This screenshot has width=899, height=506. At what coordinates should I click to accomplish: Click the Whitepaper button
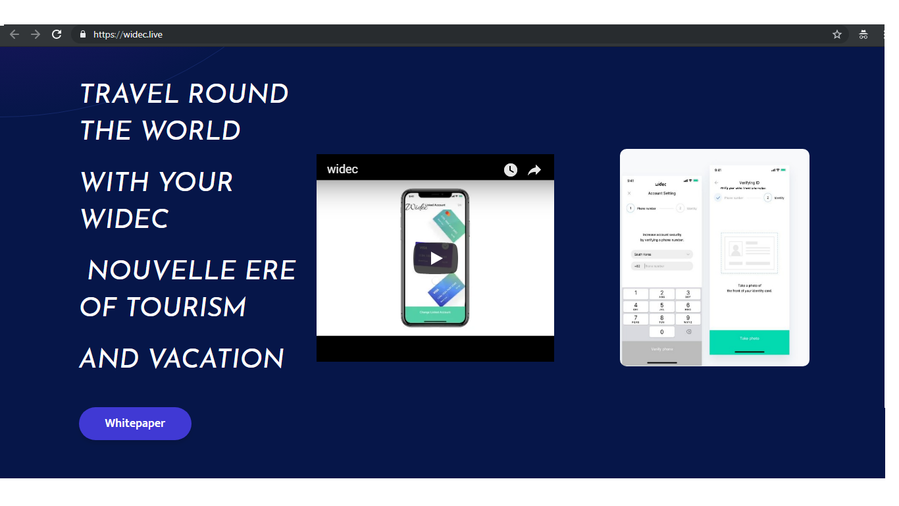(x=135, y=423)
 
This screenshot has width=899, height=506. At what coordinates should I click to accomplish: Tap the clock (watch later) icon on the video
(x=511, y=170)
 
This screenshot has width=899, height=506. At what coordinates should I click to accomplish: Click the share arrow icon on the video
(x=534, y=170)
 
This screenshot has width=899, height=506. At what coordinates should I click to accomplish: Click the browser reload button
(x=57, y=34)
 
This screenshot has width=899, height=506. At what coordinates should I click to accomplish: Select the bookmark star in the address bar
(x=837, y=34)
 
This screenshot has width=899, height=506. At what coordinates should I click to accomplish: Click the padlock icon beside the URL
(x=83, y=34)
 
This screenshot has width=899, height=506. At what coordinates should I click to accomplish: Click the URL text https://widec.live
(x=128, y=34)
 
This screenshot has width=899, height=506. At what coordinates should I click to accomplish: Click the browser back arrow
(x=14, y=34)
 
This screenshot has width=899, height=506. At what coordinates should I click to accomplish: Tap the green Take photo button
(x=749, y=339)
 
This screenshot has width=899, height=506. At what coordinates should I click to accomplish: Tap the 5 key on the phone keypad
(x=662, y=306)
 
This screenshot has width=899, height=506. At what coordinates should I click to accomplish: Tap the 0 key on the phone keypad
(x=662, y=332)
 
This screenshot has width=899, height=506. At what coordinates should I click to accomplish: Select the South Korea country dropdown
(x=662, y=254)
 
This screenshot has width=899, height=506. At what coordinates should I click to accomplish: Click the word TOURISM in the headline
(x=186, y=307)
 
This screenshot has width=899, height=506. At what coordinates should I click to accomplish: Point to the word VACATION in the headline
(x=217, y=359)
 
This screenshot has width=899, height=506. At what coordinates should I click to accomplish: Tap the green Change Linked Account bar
(x=435, y=312)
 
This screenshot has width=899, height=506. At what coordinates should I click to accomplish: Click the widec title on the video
(x=342, y=169)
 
